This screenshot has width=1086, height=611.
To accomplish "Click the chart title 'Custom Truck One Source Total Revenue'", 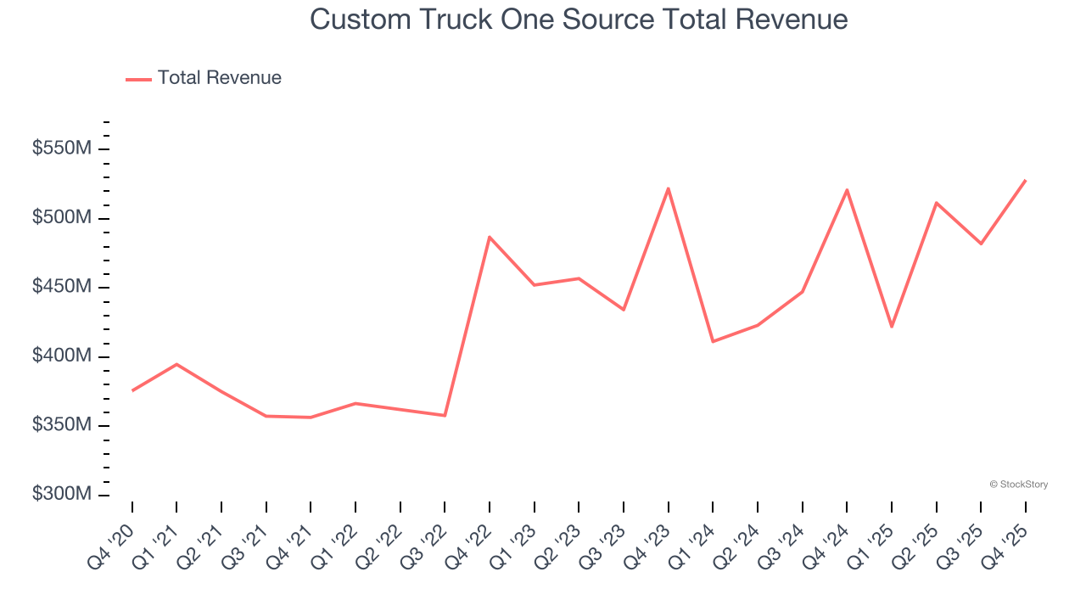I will point(579,19).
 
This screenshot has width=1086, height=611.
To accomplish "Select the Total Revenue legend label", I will point(219,78).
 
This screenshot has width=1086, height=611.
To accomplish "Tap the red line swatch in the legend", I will point(138,79).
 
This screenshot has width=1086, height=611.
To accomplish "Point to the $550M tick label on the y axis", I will point(62,149).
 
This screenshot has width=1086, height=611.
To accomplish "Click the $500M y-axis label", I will point(62,218).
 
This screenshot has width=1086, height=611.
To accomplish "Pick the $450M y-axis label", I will point(62,288).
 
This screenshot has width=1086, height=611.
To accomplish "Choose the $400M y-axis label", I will point(62,356).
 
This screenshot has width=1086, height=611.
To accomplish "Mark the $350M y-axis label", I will point(62,425).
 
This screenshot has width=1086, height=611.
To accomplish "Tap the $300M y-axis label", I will point(62,495).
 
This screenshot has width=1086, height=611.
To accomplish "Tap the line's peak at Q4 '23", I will point(669,188).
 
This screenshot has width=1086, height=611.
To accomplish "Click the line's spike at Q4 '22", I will point(490,237).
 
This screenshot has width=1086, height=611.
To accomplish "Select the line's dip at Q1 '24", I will point(713,341).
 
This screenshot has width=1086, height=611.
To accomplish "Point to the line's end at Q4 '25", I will point(1025,180).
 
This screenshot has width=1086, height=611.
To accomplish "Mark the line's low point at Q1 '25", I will point(892,327).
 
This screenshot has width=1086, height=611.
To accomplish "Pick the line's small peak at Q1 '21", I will point(176,364).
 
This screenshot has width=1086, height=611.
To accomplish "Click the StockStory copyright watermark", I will point(1018,485).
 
